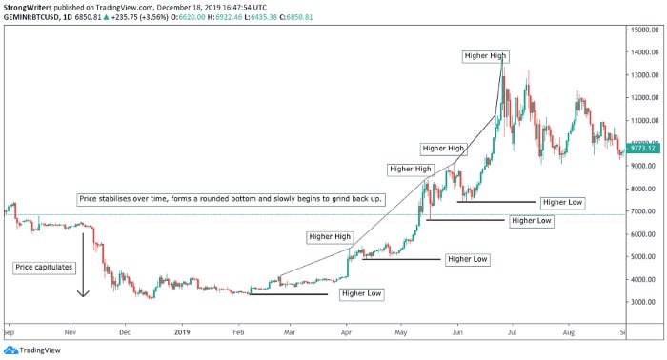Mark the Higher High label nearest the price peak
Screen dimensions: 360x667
click(485, 56)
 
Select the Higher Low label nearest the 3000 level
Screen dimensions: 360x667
click(360, 293)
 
